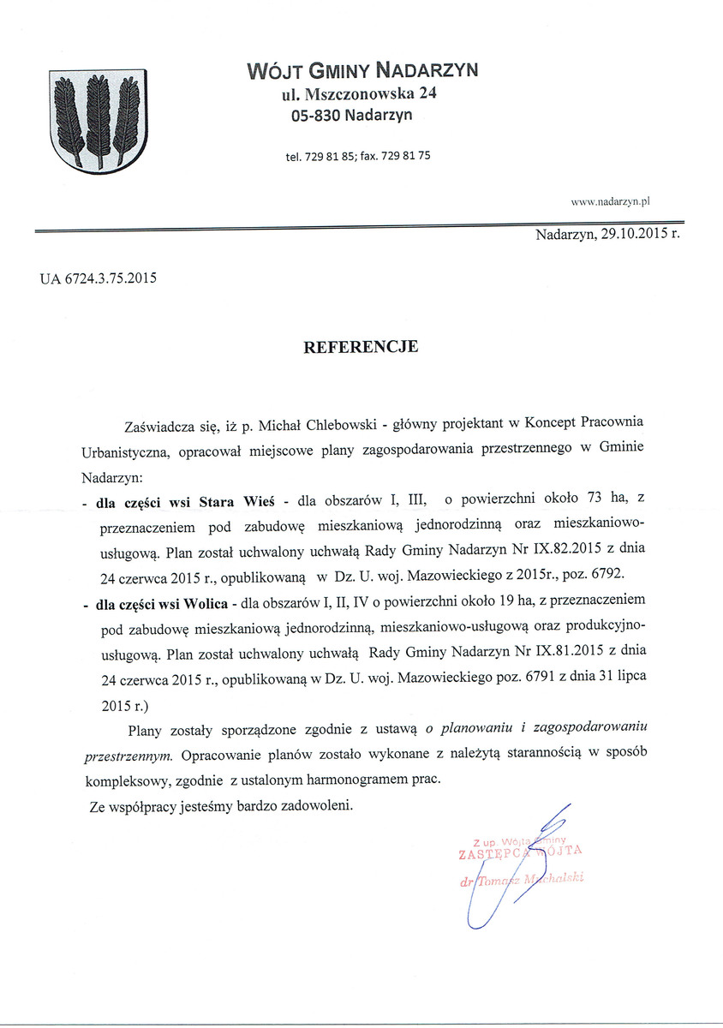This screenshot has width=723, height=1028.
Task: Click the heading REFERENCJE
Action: coord(361,347)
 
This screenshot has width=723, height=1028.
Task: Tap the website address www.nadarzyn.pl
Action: coord(611,201)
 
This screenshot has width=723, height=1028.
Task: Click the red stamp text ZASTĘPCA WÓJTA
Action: coord(521,852)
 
